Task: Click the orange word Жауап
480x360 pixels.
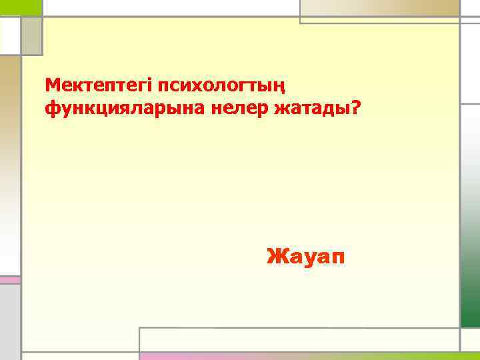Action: click(306, 255)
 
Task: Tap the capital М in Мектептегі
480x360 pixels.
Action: click(52, 85)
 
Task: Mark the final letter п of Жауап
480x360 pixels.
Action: click(339, 256)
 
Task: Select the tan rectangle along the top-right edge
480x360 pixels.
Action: click(380, 7)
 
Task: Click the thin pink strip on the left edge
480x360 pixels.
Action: click(10, 280)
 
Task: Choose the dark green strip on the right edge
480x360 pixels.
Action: click(470, 213)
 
